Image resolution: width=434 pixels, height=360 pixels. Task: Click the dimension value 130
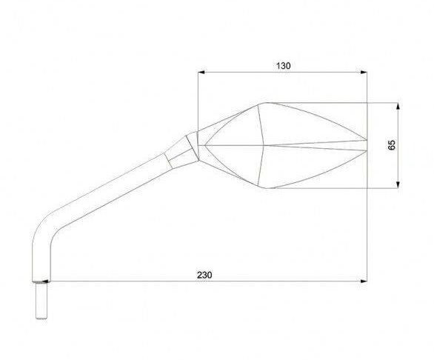pos(284,66)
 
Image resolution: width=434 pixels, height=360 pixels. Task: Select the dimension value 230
pos(204,275)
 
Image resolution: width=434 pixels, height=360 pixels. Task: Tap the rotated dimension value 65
pos(392,145)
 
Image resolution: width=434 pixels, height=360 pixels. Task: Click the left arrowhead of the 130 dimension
pos(201,73)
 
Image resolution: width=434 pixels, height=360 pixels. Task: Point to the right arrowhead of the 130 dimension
pos(364,73)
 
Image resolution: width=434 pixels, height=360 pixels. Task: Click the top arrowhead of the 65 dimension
pos(398,106)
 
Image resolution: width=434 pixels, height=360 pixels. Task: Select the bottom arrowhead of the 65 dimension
pos(398,185)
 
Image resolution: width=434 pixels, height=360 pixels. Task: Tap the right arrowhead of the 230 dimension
pos(364,281)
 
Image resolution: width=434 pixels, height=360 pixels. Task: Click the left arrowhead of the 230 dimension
pos(46,281)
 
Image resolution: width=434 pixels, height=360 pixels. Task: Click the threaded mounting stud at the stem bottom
pos(41,301)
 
